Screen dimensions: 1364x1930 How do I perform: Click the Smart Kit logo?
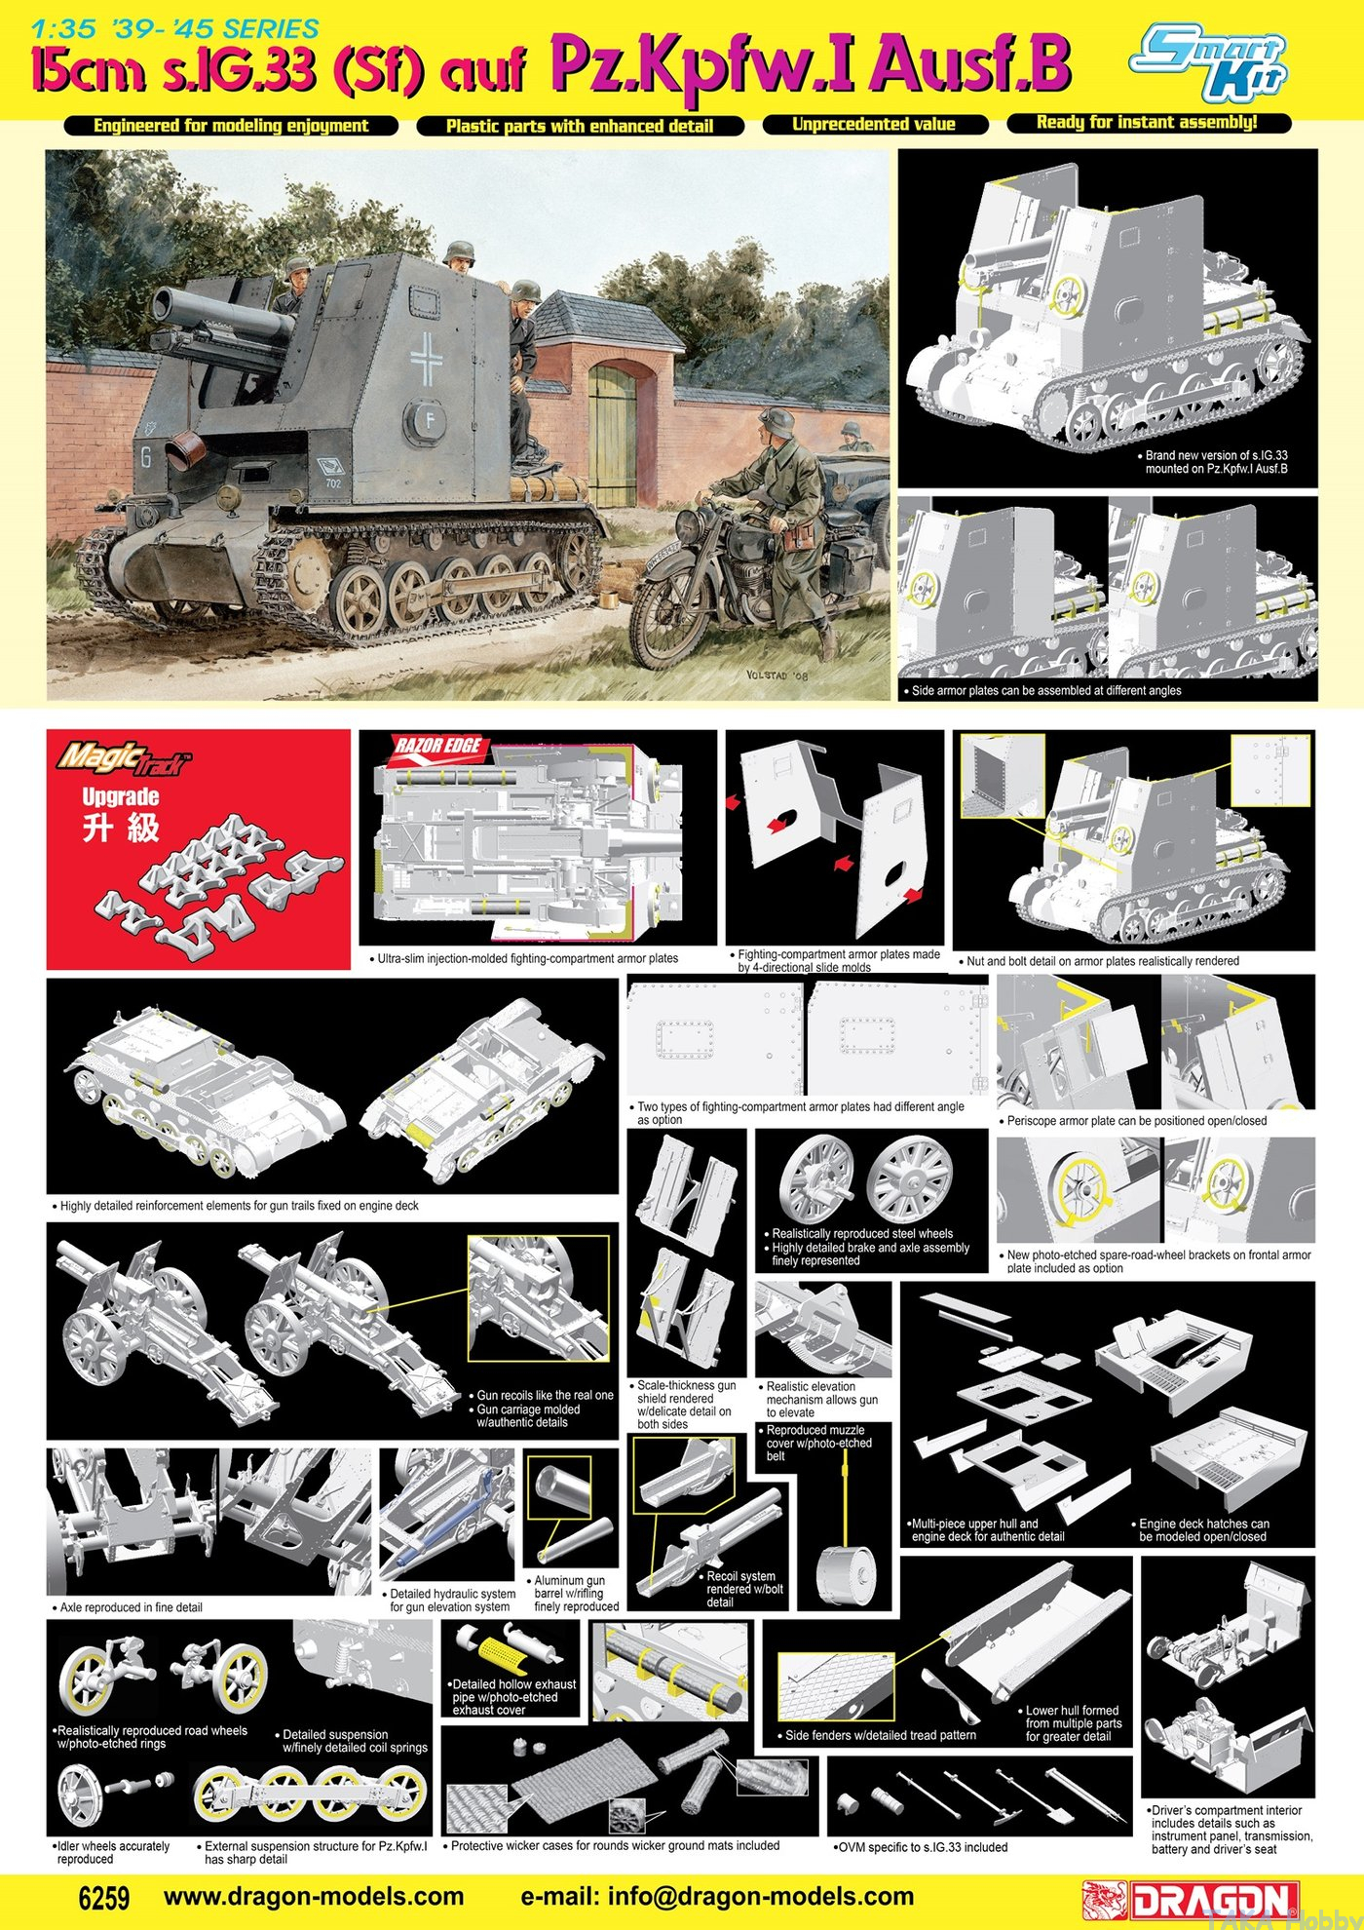[x=1208, y=63]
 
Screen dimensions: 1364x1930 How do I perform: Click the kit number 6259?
[x=103, y=1898]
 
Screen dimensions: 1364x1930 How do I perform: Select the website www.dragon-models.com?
[x=314, y=1897]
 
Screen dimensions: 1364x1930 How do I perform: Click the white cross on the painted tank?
[x=426, y=358]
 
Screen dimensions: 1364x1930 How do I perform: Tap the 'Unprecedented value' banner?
[x=874, y=124]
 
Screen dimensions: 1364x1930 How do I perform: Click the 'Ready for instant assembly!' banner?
[x=1148, y=122]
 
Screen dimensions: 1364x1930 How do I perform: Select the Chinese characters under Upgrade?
[x=120, y=829]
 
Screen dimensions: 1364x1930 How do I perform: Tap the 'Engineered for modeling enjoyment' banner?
[x=231, y=126]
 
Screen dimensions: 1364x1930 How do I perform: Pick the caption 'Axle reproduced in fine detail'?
[x=132, y=1607]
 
